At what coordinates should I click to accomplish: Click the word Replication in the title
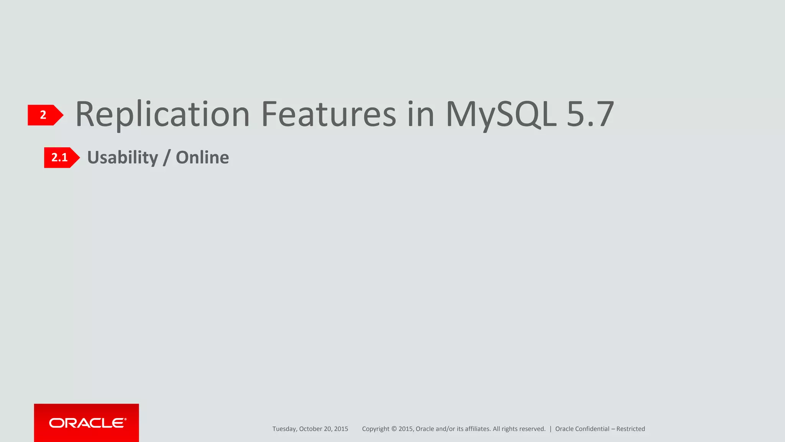coord(163,114)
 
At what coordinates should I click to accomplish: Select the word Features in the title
coord(328,114)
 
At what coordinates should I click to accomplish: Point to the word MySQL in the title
coord(501,114)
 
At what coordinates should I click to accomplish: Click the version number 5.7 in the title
coord(590,114)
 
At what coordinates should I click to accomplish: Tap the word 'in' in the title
coord(420,114)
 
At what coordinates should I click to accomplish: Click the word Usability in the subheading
coord(123,158)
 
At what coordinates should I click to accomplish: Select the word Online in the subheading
coord(202,158)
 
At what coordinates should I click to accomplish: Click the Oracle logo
coord(87,423)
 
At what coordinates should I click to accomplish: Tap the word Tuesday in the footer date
coord(284,429)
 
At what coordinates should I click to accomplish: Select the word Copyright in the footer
coord(376,429)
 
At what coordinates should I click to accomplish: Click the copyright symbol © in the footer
coord(394,429)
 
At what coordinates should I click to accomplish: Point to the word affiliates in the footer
coord(478,429)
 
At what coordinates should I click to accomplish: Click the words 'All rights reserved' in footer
coord(519,429)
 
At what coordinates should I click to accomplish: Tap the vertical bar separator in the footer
coord(550,429)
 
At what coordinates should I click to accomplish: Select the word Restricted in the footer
coord(631,429)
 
